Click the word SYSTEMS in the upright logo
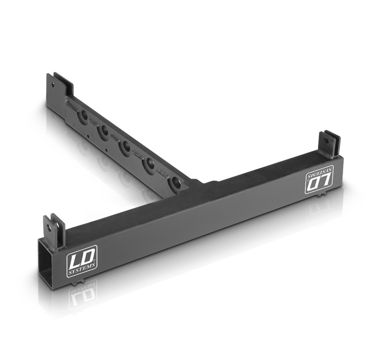tap(82, 272)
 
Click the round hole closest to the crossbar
tap(175, 183)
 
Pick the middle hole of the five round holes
tap(125, 146)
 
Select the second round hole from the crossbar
tap(149, 164)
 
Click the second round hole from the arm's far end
tap(104, 131)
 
